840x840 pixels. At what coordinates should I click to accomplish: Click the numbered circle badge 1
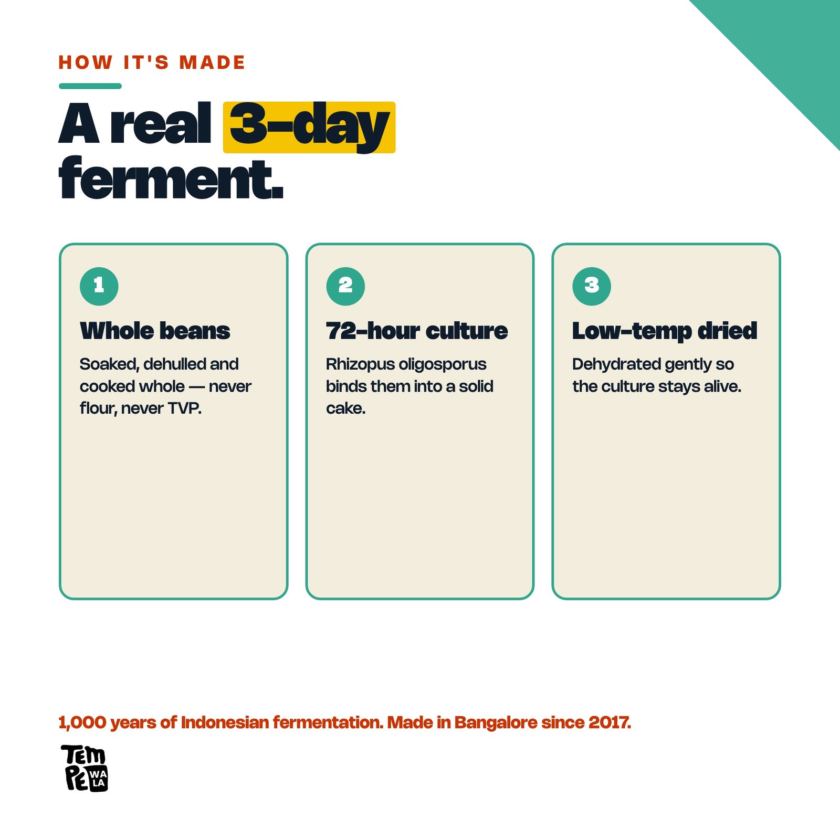point(99,286)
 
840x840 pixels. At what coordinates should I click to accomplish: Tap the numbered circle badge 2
point(345,286)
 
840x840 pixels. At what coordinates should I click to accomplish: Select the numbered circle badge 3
point(592,286)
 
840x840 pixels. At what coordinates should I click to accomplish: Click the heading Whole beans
point(155,331)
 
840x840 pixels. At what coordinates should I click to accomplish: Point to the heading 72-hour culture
point(417,331)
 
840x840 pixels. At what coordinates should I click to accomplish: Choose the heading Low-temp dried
point(665,331)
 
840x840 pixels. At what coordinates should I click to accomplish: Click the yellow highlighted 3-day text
point(309,127)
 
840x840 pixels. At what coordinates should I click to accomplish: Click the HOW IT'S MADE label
point(152,62)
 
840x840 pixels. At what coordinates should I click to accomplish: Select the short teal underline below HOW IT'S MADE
point(90,86)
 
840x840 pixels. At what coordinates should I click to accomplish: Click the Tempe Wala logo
point(85,768)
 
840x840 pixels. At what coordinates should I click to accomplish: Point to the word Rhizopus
point(360,364)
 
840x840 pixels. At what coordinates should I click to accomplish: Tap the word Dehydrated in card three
point(616,364)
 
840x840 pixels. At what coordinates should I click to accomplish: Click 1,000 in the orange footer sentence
point(82,723)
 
